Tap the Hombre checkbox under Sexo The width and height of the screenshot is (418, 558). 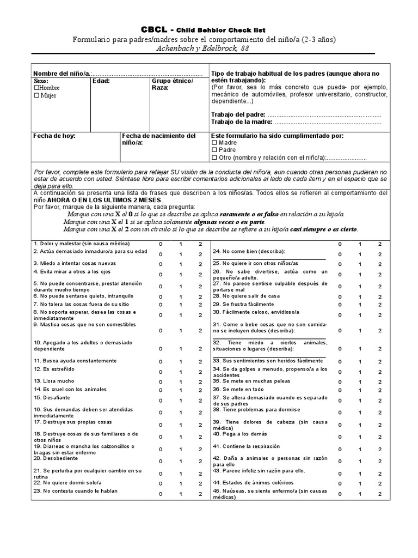click(36, 87)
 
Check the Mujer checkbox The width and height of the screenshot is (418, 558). click(36, 95)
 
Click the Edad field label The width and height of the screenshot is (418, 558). click(101, 81)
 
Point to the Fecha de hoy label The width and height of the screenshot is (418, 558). click(54, 135)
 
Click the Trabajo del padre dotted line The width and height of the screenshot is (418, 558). click(324, 114)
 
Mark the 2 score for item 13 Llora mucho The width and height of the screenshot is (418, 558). click(200, 381)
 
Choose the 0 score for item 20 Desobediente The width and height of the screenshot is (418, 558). click(161, 460)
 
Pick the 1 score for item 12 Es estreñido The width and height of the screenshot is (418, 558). click(181, 372)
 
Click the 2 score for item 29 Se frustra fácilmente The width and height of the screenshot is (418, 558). click(380, 305)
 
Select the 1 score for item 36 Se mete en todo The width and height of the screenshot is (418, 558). click(359, 390)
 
